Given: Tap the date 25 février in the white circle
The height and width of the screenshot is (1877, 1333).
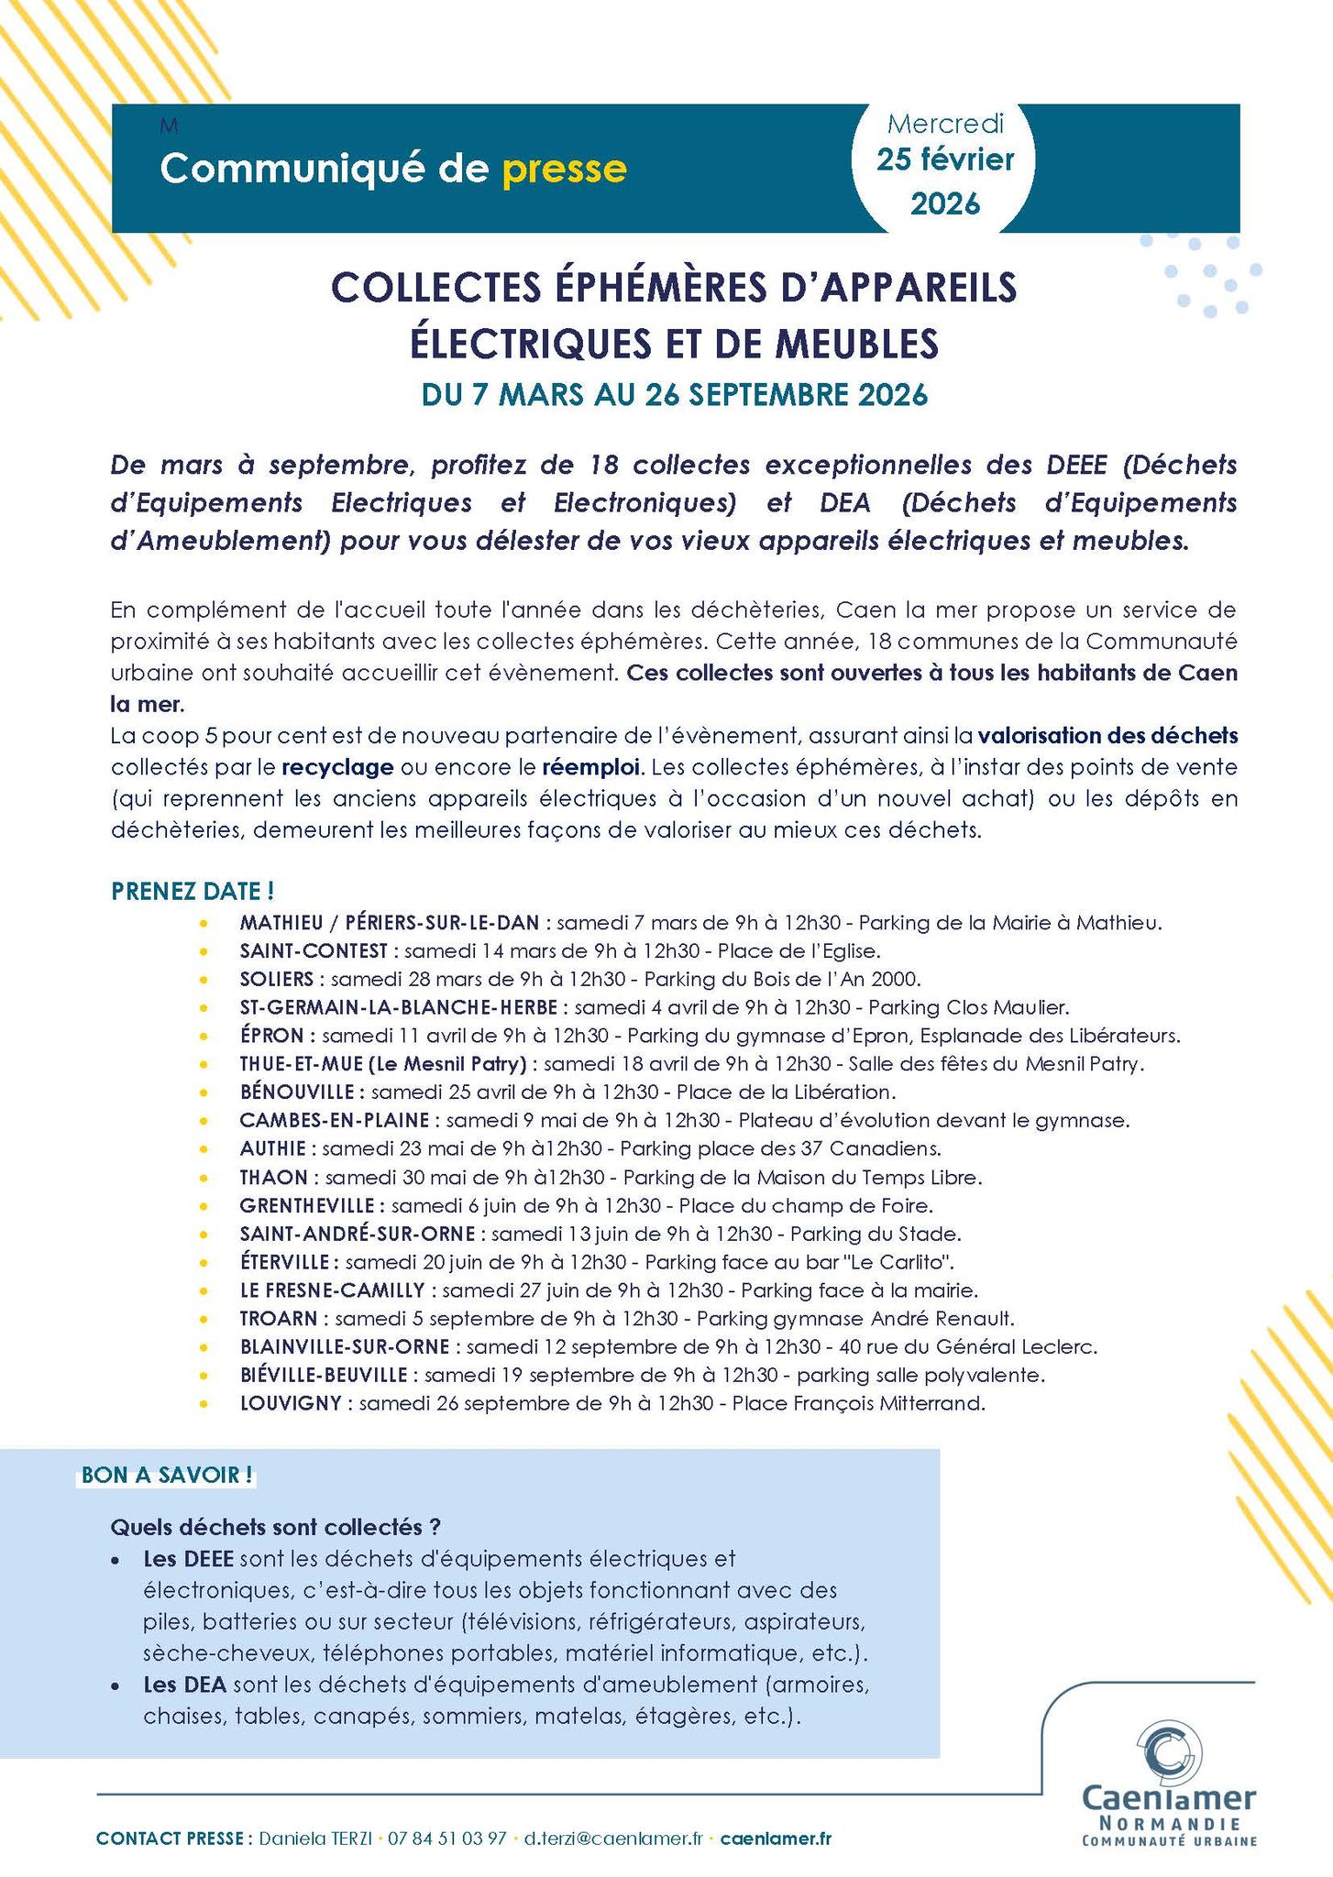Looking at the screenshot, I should pos(945,159).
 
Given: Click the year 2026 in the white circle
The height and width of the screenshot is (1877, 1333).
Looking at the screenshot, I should pos(945,203).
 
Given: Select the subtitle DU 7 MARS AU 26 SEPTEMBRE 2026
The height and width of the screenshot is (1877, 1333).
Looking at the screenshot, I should pos(674,395).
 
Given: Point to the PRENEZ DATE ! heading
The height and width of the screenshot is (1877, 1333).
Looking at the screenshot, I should pos(193,891).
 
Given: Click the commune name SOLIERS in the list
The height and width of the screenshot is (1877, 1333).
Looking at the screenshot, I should pos(276,979).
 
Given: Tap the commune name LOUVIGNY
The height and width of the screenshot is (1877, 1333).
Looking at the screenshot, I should pos(291,1403).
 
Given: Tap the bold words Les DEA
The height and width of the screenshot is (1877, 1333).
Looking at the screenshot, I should pos(185,1685).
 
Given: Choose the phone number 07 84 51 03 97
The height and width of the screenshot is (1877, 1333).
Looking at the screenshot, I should pos(447,1839).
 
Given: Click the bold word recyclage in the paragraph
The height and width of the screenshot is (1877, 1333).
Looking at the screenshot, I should pos(338,766).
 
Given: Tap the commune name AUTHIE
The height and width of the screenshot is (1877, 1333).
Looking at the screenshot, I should pos(279,1148).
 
